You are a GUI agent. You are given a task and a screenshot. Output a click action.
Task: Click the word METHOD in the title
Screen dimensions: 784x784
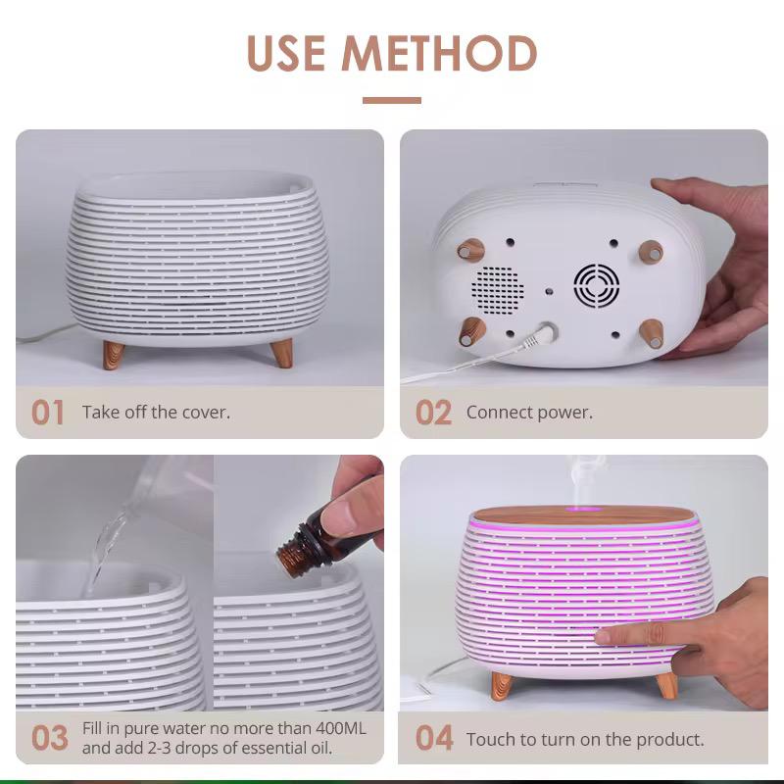pyautogui.click(x=439, y=53)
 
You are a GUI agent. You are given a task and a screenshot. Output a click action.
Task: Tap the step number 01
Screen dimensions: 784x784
pyautogui.click(x=48, y=413)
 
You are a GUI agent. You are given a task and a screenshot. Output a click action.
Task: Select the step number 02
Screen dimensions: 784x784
pyautogui.click(x=433, y=413)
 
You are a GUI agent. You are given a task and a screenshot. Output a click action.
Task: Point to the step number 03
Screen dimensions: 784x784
pyautogui.click(x=50, y=738)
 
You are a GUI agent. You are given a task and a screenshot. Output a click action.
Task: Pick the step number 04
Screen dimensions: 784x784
pyautogui.click(x=434, y=738)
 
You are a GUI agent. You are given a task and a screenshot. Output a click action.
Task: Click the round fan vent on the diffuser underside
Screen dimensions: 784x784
pyautogui.click(x=596, y=285)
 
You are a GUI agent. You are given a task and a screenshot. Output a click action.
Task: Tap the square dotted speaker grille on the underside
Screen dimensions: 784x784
pyautogui.click(x=498, y=288)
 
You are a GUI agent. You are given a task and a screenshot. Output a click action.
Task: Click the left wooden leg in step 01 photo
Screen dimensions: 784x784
pyautogui.click(x=114, y=355)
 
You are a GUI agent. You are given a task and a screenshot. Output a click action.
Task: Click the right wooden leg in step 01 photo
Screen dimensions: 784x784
pyautogui.click(x=281, y=353)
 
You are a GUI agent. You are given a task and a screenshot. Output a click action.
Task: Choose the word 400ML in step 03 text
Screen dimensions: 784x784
pyautogui.click(x=341, y=728)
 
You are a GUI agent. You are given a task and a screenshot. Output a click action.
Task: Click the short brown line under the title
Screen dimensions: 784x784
pyautogui.click(x=392, y=101)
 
